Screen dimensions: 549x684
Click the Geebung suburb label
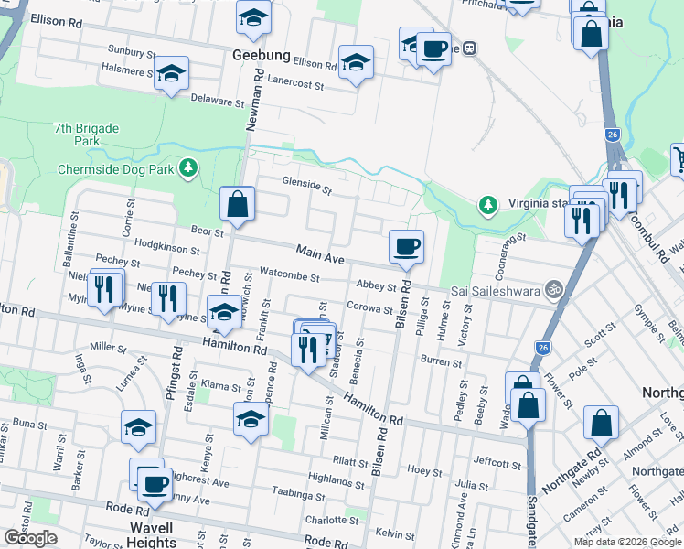[x=262, y=56]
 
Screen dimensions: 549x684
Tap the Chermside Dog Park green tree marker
[x=188, y=167]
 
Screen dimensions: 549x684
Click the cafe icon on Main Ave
[x=406, y=246]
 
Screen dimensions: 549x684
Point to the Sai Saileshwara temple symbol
[x=551, y=289]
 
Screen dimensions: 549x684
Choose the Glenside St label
[x=306, y=186]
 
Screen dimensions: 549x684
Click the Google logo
[x=30, y=538]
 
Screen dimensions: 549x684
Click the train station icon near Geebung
[x=469, y=48]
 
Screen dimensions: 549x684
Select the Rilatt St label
[x=350, y=461]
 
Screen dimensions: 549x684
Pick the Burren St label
[x=442, y=363]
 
